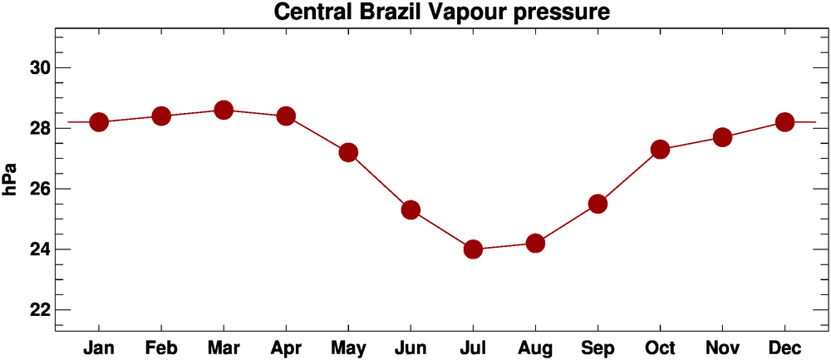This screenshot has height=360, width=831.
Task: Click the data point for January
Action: click(99, 122)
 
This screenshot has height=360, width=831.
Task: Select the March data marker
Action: click(224, 110)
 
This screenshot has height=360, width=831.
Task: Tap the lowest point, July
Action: click(473, 249)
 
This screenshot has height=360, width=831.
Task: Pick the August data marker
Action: click(535, 243)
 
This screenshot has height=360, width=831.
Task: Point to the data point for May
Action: click(348, 152)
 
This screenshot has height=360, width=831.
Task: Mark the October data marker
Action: click(660, 150)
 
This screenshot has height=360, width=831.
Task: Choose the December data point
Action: click(784, 122)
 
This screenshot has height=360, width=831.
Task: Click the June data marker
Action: click(411, 210)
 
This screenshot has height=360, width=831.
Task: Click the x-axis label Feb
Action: click(161, 346)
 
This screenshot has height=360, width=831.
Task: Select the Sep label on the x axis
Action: click(597, 347)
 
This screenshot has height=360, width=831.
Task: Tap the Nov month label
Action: click(722, 346)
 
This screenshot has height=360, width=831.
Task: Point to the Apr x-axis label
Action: click(286, 347)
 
